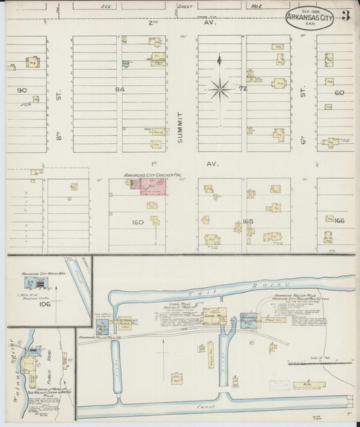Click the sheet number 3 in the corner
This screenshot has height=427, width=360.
tap(344, 16)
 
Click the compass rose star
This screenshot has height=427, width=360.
tap(220, 88)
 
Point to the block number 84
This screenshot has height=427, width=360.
tap(120, 89)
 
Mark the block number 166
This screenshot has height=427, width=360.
tap(339, 220)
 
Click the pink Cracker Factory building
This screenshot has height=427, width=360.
tap(155, 187)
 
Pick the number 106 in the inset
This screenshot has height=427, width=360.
tap(45, 304)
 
